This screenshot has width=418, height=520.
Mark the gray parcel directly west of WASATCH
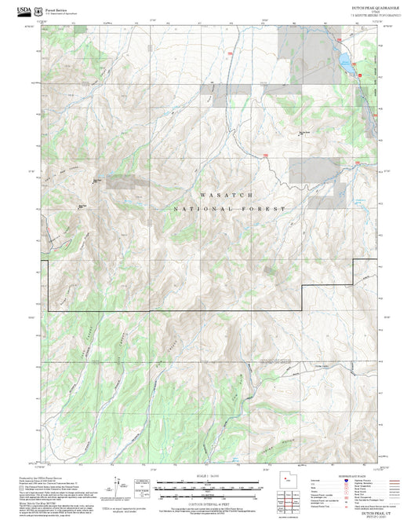124,181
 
